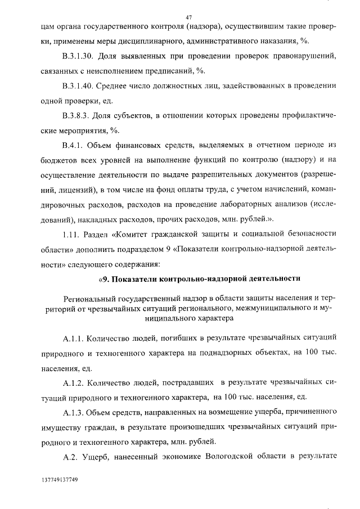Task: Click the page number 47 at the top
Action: tap(189, 16)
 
